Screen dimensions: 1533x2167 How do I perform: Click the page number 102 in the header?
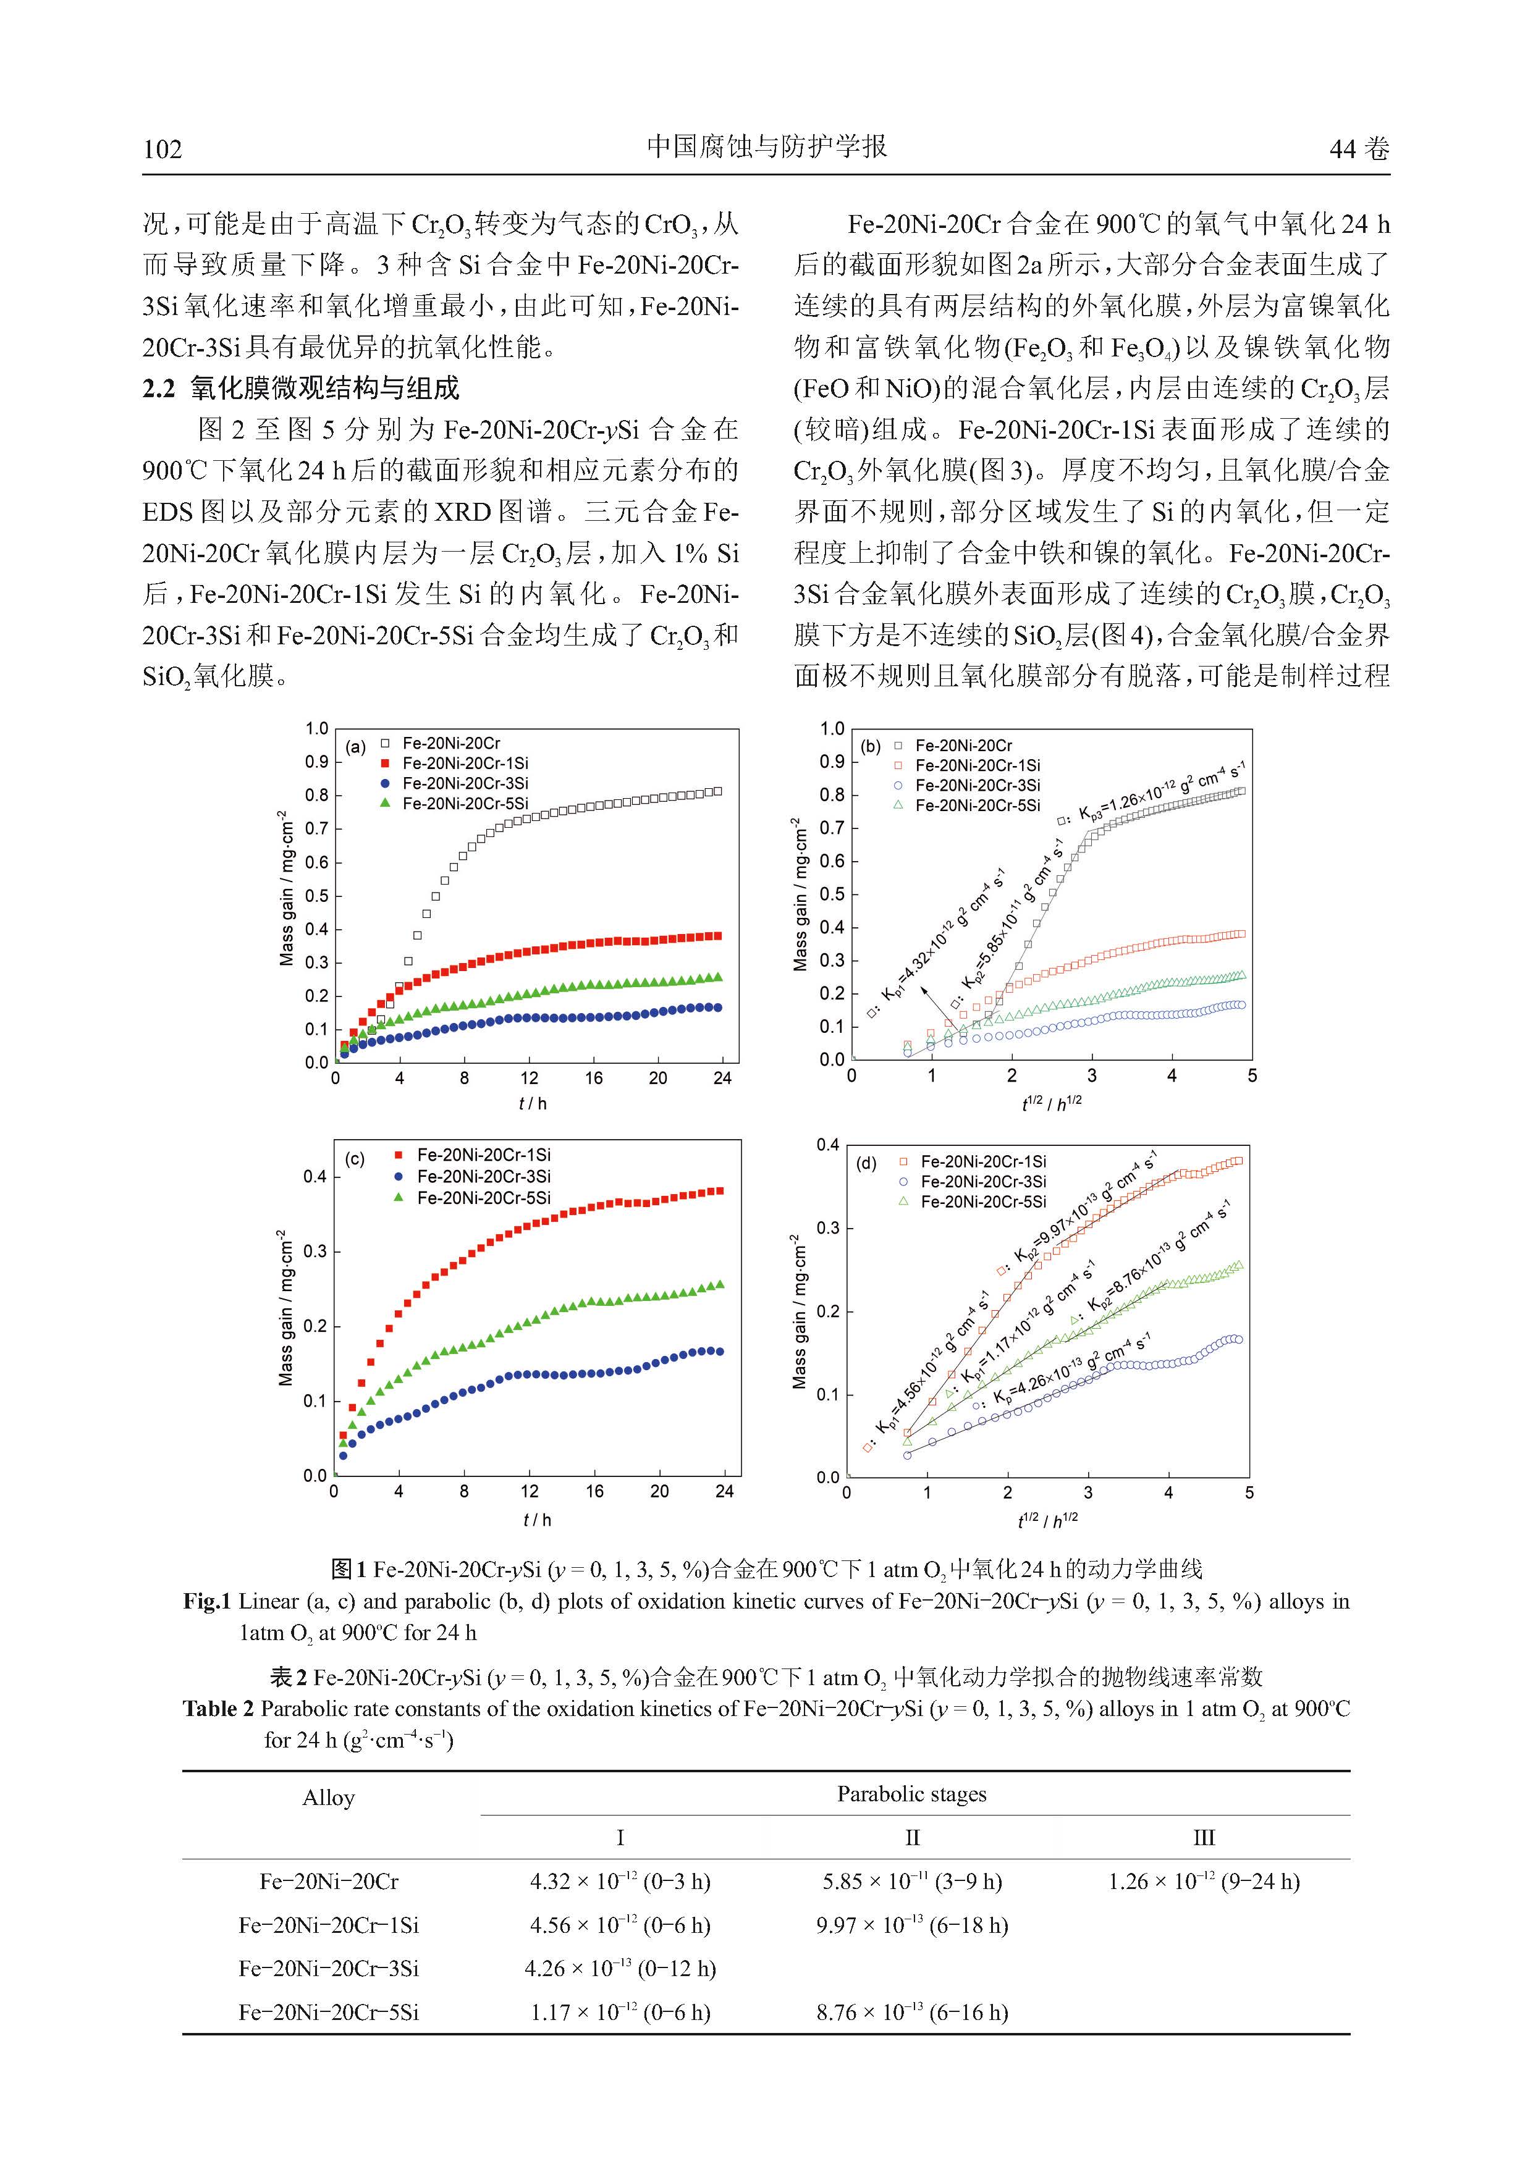point(163,149)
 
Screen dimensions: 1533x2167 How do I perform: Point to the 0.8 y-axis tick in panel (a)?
point(316,796)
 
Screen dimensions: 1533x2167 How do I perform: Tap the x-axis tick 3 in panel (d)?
point(1087,1492)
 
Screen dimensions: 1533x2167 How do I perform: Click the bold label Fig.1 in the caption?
point(207,1602)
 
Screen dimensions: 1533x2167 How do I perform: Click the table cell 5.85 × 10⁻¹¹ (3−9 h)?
point(912,1881)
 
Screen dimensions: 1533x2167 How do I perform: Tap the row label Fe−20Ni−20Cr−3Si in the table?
point(329,1968)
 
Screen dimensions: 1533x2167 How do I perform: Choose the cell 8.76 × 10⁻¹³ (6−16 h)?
point(912,2011)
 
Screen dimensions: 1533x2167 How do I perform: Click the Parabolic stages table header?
point(912,1794)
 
